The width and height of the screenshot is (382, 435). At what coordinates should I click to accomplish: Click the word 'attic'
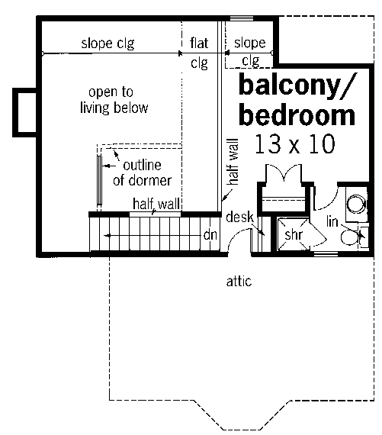(x=239, y=282)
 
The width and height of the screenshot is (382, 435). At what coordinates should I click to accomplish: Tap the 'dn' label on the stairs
(x=210, y=235)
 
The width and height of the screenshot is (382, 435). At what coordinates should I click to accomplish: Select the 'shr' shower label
(x=294, y=235)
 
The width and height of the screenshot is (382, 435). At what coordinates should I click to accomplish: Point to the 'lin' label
(x=332, y=221)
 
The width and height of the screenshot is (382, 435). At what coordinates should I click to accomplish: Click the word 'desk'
(x=239, y=217)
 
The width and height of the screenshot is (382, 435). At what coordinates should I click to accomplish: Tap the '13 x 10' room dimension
(x=295, y=143)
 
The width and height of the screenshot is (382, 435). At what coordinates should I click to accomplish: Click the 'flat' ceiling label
(x=199, y=43)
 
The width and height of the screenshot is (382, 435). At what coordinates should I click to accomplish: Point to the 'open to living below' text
(x=114, y=100)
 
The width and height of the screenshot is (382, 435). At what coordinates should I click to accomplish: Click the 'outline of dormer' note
(x=143, y=172)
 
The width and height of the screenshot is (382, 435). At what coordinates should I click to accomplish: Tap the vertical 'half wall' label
(x=233, y=162)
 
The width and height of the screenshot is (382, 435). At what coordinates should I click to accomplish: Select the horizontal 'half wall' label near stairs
(x=156, y=204)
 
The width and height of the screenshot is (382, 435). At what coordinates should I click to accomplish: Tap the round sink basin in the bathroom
(x=357, y=204)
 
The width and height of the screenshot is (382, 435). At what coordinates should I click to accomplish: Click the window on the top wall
(x=242, y=18)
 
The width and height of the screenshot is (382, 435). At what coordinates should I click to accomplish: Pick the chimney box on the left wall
(x=24, y=112)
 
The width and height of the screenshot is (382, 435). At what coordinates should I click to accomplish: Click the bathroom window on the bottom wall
(x=326, y=254)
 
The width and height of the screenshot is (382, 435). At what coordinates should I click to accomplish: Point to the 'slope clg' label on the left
(x=108, y=43)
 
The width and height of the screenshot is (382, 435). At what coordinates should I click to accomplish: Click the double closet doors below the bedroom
(x=284, y=172)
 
